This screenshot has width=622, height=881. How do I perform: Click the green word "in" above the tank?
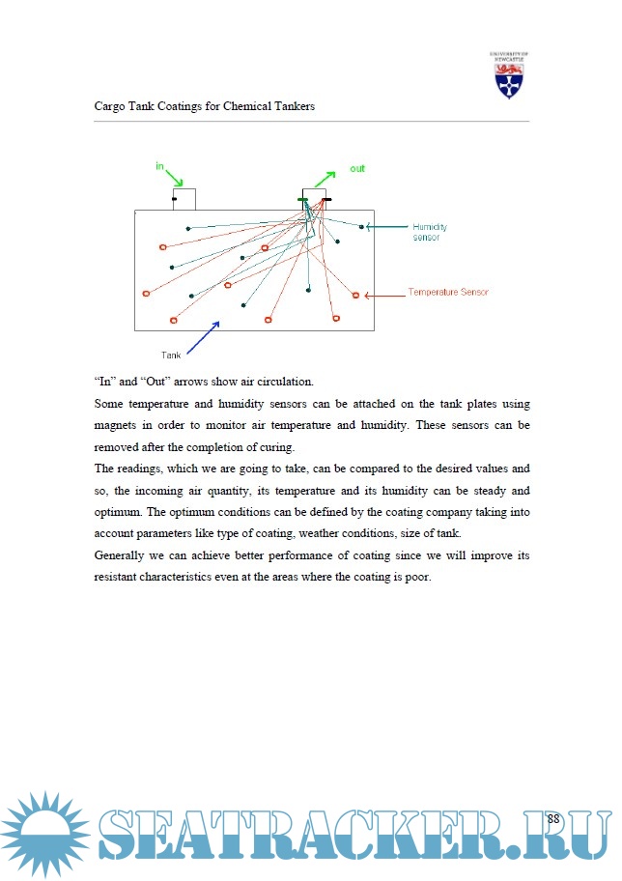(x=159, y=165)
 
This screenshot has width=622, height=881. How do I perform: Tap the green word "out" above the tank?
(x=356, y=169)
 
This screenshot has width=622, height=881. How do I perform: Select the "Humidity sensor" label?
(x=429, y=232)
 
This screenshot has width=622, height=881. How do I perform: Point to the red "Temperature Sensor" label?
(x=447, y=292)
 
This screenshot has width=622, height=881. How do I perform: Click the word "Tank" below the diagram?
(x=171, y=355)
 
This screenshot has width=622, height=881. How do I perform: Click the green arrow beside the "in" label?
(x=174, y=179)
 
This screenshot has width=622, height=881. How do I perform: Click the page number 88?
(x=553, y=819)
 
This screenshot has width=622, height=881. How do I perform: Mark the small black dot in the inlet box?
(x=174, y=200)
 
